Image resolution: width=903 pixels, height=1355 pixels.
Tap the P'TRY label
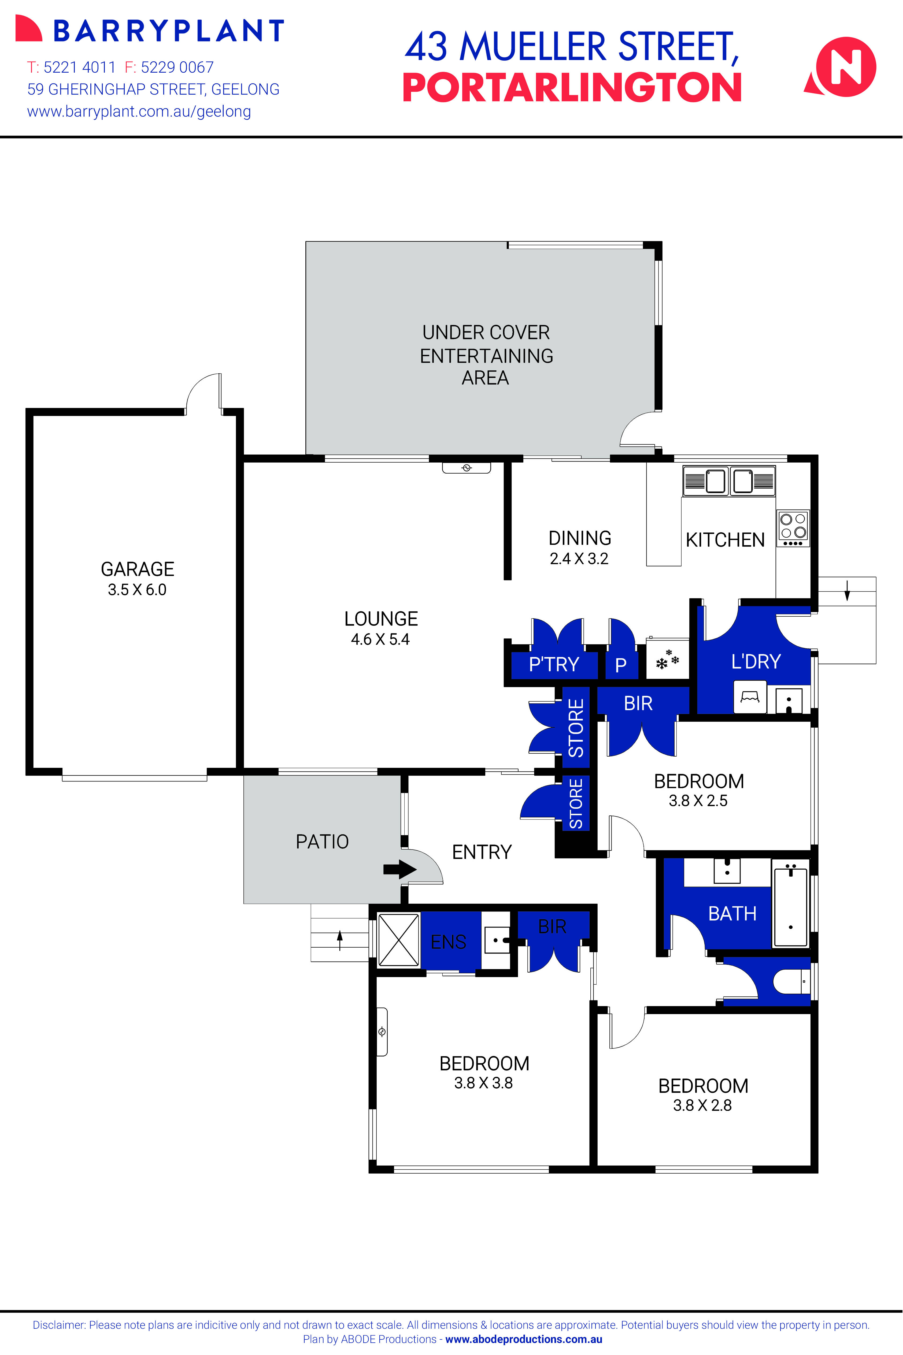tap(553, 664)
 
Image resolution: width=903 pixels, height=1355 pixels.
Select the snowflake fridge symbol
tap(667, 660)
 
